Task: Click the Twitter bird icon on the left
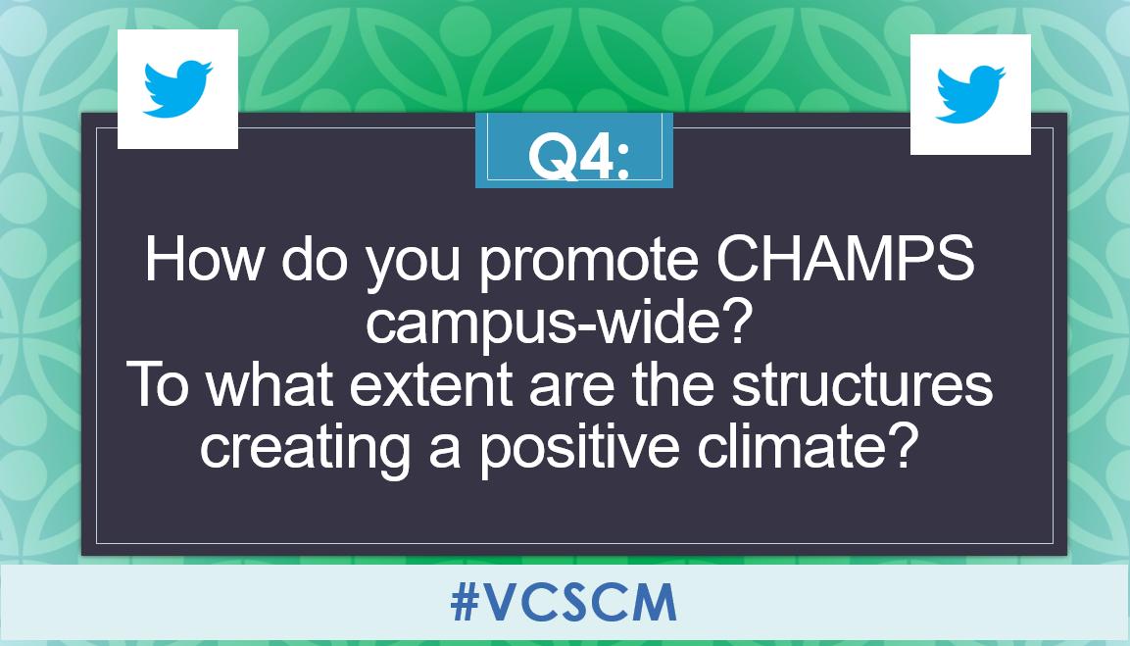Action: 177,89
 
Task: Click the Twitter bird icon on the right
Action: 970,94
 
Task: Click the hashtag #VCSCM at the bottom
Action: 564,604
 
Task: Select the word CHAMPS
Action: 847,261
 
